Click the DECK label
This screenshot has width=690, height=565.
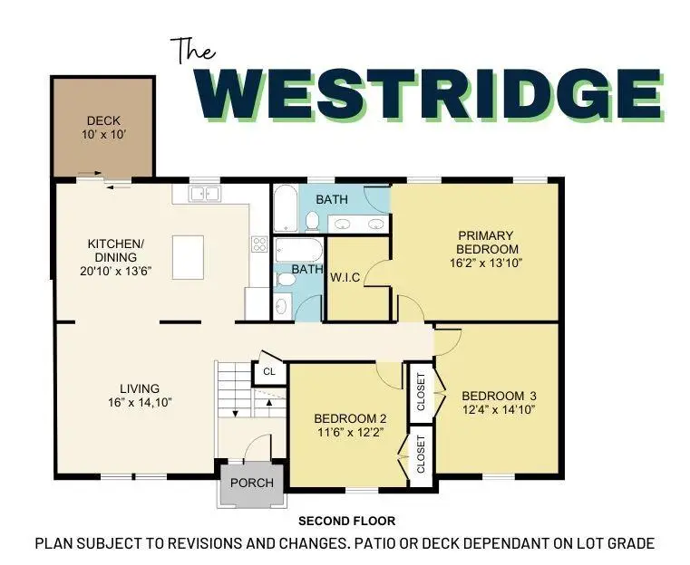[102, 121]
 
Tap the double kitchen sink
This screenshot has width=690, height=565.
[204, 194]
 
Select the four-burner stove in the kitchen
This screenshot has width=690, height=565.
[258, 244]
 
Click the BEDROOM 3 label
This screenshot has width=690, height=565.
[499, 396]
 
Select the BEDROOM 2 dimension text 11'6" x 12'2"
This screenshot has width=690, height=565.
[350, 433]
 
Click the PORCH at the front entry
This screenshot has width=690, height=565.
[251, 483]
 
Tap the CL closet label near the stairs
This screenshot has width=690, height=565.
[269, 372]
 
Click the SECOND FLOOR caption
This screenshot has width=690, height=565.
[346, 522]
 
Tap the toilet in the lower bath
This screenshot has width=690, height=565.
[285, 279]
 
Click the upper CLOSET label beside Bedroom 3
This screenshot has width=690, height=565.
[421, 391]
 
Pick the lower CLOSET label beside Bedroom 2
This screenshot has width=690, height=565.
[421, 455]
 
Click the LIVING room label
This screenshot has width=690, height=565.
[139, 388]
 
